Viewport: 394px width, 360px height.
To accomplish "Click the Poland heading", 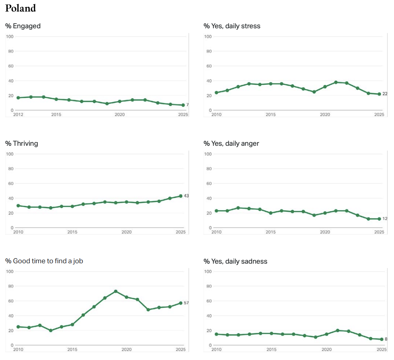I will pos(20,8).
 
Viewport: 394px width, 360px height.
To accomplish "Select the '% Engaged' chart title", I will pos(23,26).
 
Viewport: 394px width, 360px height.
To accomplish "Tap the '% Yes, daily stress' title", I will pos(232,26).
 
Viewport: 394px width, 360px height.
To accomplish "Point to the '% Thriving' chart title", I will pos(21,143).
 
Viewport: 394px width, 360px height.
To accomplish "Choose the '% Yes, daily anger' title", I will pos(231,143).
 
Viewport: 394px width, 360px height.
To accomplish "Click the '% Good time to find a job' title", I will pos(44,261).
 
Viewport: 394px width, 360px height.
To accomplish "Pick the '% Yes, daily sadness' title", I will pos(235,261).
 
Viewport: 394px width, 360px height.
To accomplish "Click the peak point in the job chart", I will pos(116,291).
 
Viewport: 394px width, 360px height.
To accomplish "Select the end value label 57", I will pos(186,303).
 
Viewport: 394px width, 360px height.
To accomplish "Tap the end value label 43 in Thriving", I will pos(186,196).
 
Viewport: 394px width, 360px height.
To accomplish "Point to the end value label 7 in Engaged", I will pos(187,105).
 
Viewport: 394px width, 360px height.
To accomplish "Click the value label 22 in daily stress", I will pos(385,94).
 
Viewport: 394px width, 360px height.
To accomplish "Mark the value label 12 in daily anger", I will pos(385,219).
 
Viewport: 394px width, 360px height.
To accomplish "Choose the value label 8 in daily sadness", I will pos(386,339).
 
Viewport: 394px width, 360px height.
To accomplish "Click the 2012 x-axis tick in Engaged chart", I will pos(18,115).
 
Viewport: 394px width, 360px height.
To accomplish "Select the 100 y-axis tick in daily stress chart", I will pos(208,37).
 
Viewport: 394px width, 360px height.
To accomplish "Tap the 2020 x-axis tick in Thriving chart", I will pos(127,232).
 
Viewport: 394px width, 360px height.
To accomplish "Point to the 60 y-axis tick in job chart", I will pos(11,301).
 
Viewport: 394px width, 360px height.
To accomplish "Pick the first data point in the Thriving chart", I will pos(18,205).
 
